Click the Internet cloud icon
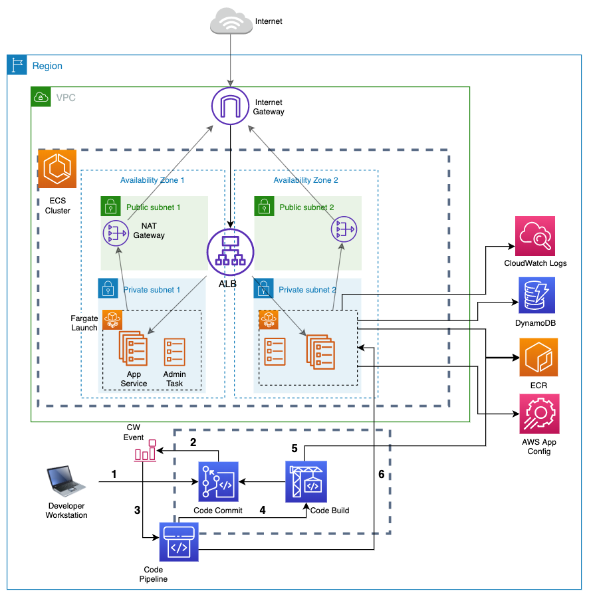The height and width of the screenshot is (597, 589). [230, 22]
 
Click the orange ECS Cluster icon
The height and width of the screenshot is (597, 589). [57, 169]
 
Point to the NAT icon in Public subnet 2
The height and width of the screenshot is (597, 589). [343, 230]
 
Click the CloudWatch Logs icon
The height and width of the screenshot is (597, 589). [535, 236]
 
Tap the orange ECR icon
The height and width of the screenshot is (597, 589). [538, 358]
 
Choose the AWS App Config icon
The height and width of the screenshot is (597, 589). [539, 414]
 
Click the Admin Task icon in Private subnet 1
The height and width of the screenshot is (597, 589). [175, 351]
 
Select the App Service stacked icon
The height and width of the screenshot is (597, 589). [134, 348]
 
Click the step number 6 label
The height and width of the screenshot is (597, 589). [381, 474]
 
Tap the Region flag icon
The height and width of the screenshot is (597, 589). [17, 65]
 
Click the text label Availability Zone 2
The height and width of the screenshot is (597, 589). [306, 180]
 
